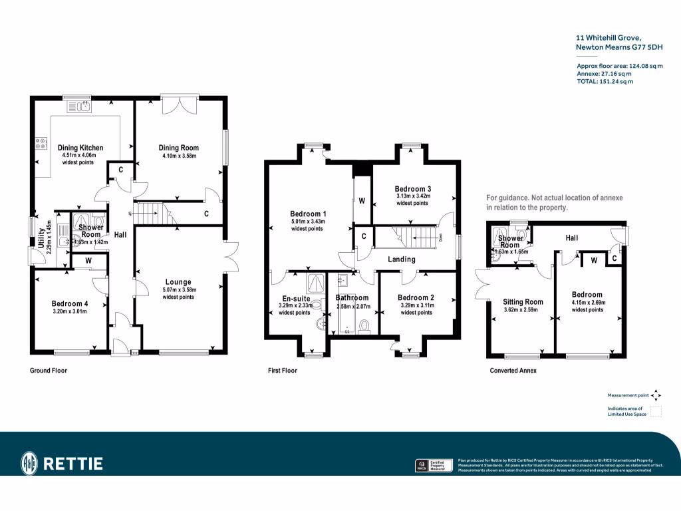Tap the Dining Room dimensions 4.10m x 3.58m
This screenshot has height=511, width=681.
[179, 156]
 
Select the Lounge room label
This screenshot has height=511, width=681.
[178, 282]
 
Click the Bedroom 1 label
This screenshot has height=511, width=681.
[307, 214]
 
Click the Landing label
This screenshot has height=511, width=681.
[401, 259]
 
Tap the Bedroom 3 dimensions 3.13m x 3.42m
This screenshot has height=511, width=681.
[413, 196]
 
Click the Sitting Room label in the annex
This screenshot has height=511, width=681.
[523, 301]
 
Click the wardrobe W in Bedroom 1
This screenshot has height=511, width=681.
[362, 201]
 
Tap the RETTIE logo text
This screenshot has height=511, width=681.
[73, 463]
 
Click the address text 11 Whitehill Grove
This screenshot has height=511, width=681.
[608, 39]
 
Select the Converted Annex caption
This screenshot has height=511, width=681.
[513, 371]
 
